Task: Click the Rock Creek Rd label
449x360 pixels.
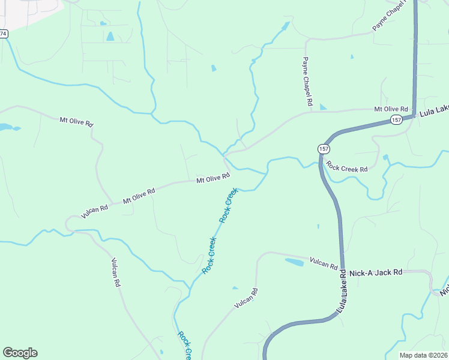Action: point(347,169)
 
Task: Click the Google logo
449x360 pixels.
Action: point(20,353)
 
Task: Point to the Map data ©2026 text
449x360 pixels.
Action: point(423,355)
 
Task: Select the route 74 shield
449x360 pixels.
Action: point(4,34)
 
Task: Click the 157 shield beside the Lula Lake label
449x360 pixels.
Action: point(396,120)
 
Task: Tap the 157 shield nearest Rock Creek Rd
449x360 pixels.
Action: point(324,148)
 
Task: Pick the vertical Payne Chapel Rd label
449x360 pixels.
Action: point(307,82)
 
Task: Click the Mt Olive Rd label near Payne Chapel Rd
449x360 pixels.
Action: point(391,109)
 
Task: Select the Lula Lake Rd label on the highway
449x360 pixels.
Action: point(342,291)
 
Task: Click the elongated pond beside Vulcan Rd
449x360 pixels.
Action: point(295,262)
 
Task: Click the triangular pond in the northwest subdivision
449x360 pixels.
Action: point(110,36)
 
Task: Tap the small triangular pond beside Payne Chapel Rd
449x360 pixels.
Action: point(323,107)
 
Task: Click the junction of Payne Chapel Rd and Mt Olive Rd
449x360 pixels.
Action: point(311,112)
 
